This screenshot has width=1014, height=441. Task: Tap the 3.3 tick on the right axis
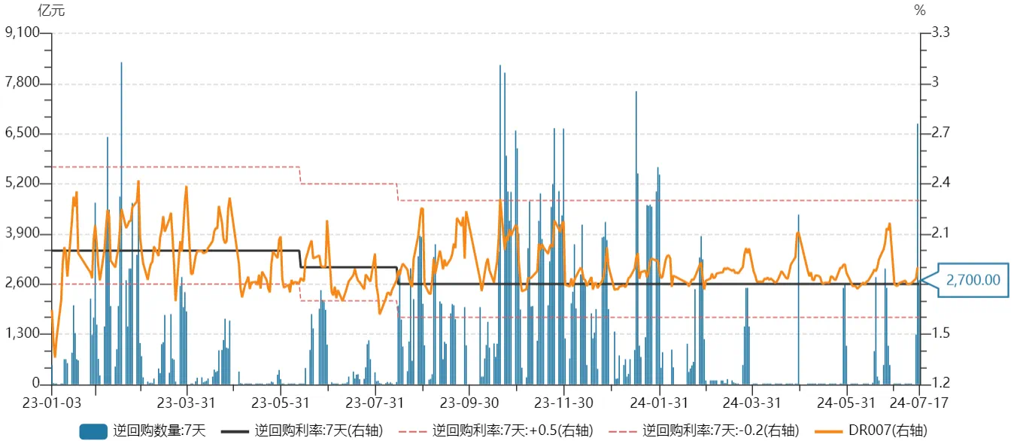[941, 32]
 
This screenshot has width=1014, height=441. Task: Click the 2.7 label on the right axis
[941, 133]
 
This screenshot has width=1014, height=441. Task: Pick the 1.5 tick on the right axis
[941, 333]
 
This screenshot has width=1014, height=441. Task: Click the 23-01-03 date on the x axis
[51, 403]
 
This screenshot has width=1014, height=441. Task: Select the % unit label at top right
[919, 11]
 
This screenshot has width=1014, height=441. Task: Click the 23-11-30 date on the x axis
[565, 403]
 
